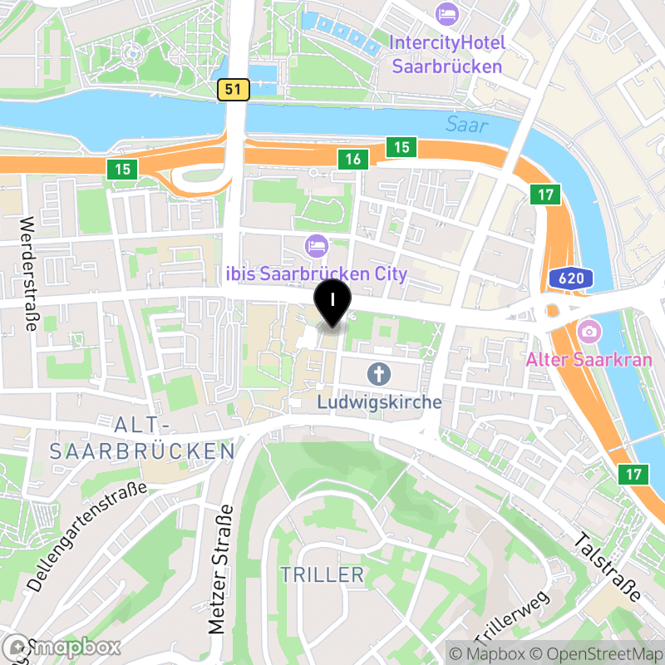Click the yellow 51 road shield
pyautogui.click(x=235, y=90)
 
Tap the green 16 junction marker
pyautogui.click(x=353, y=159)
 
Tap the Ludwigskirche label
pyautogui.click(x=379, y=402)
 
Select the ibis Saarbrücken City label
pyautogui.click(x=318, y=273)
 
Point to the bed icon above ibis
pyautogui.click(x=317, y=245)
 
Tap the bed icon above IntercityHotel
pyautogui.click(x=446, y=14)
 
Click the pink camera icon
pyautogui.click(x=589, y=332)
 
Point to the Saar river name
pyautogui.click(x=466, y=125)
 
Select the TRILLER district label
pyautogui.click(x=322, y=574)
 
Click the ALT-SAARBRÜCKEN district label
pyautogui.click(x=142, y=439)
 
